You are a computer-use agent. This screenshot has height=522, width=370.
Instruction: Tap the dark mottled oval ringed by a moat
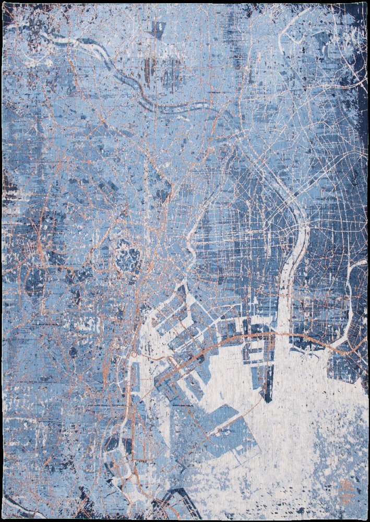[127, 259]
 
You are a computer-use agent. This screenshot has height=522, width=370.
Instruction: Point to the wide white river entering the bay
[285, 292]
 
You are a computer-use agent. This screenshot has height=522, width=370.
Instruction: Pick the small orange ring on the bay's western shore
[135, 354]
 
